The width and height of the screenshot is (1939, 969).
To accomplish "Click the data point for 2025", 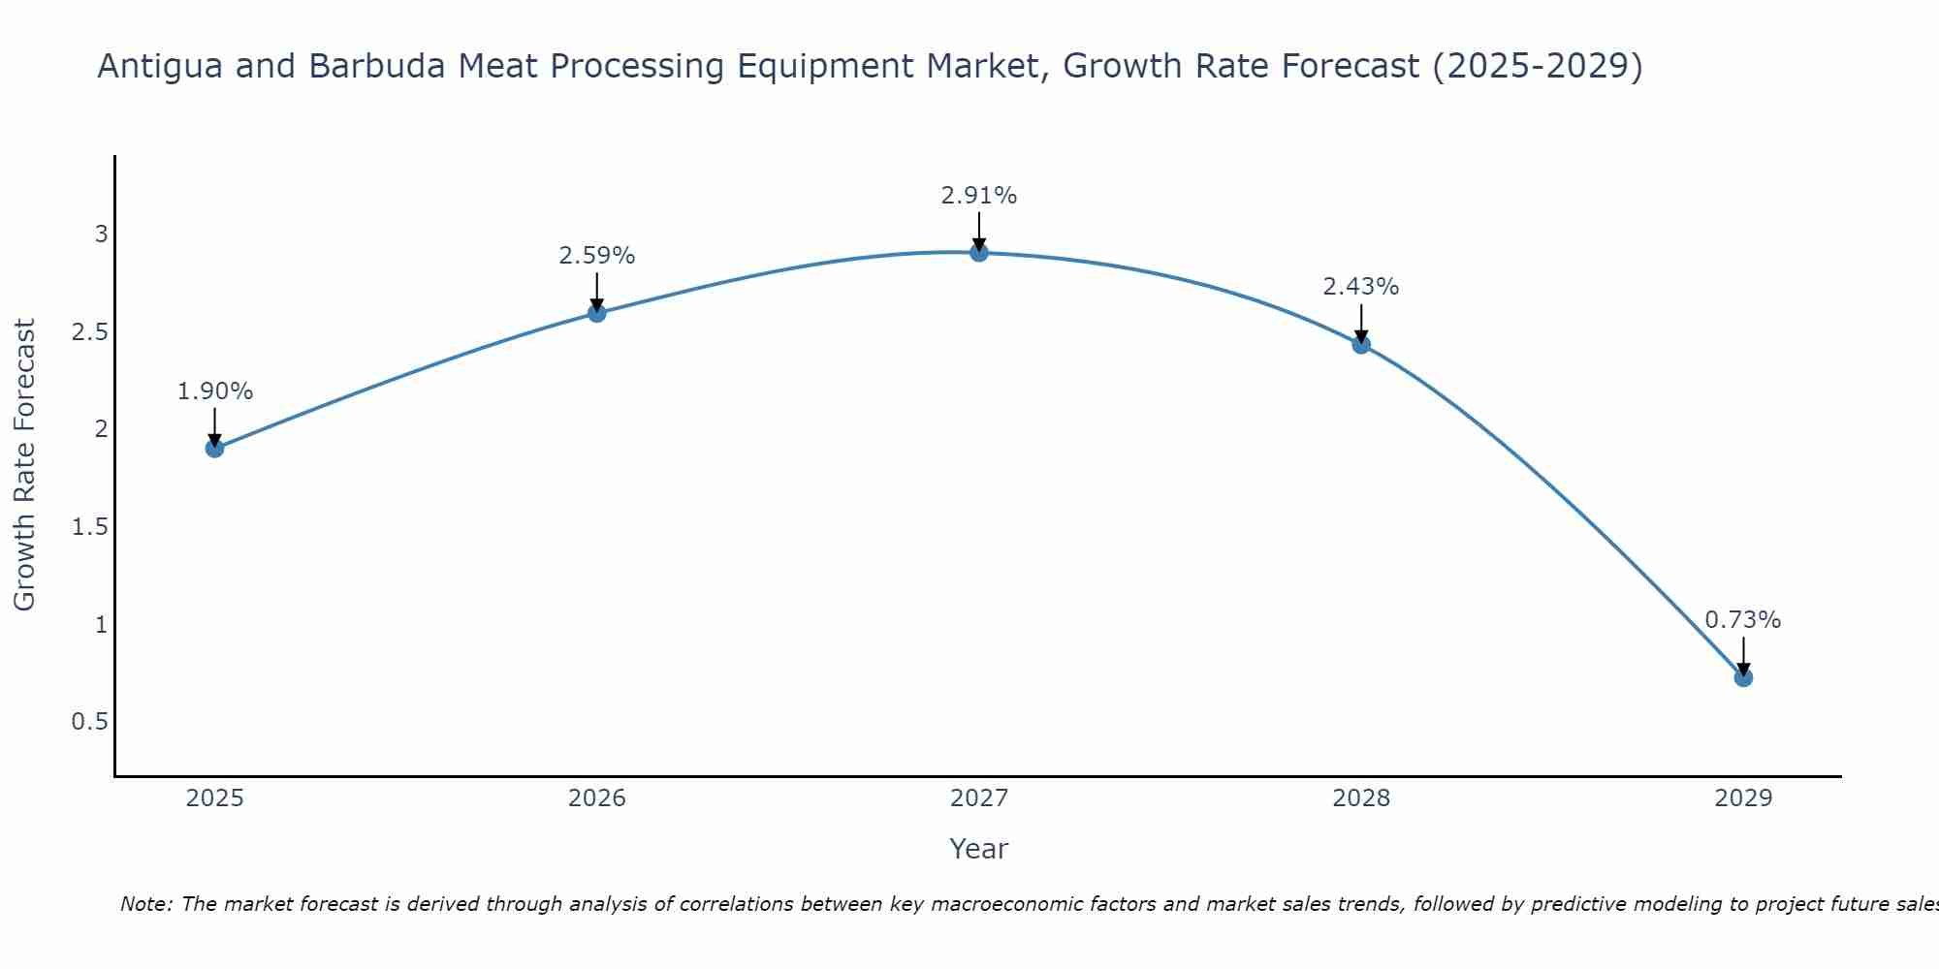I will (214, 448).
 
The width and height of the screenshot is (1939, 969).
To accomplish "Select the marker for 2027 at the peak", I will (978, 252).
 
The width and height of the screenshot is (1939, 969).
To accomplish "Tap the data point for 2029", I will (1742, 677).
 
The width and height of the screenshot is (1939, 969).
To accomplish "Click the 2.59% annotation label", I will (596, 256).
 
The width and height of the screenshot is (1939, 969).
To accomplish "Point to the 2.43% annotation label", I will (1360, 287).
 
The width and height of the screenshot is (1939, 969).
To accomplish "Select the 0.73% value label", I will (1742, 620).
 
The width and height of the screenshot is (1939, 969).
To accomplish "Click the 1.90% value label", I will (214, 391).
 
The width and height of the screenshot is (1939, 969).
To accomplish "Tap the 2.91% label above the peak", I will (978, 196).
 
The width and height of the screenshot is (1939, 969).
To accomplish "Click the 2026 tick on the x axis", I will (596, 798).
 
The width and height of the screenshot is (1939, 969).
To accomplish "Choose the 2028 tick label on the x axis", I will (1360, 798).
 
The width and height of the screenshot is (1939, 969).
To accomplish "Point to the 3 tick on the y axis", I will (101, 234).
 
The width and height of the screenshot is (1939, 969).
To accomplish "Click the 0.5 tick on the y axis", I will (90, 722).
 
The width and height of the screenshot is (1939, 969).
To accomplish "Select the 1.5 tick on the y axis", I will (90, 527).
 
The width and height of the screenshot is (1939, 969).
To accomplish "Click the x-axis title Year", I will (978, 849).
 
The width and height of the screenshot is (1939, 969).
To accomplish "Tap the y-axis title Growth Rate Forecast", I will (24, 465).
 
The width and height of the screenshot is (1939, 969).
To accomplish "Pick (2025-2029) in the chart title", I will (1537, 67).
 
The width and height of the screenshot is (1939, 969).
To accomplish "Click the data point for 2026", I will (596, 312).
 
